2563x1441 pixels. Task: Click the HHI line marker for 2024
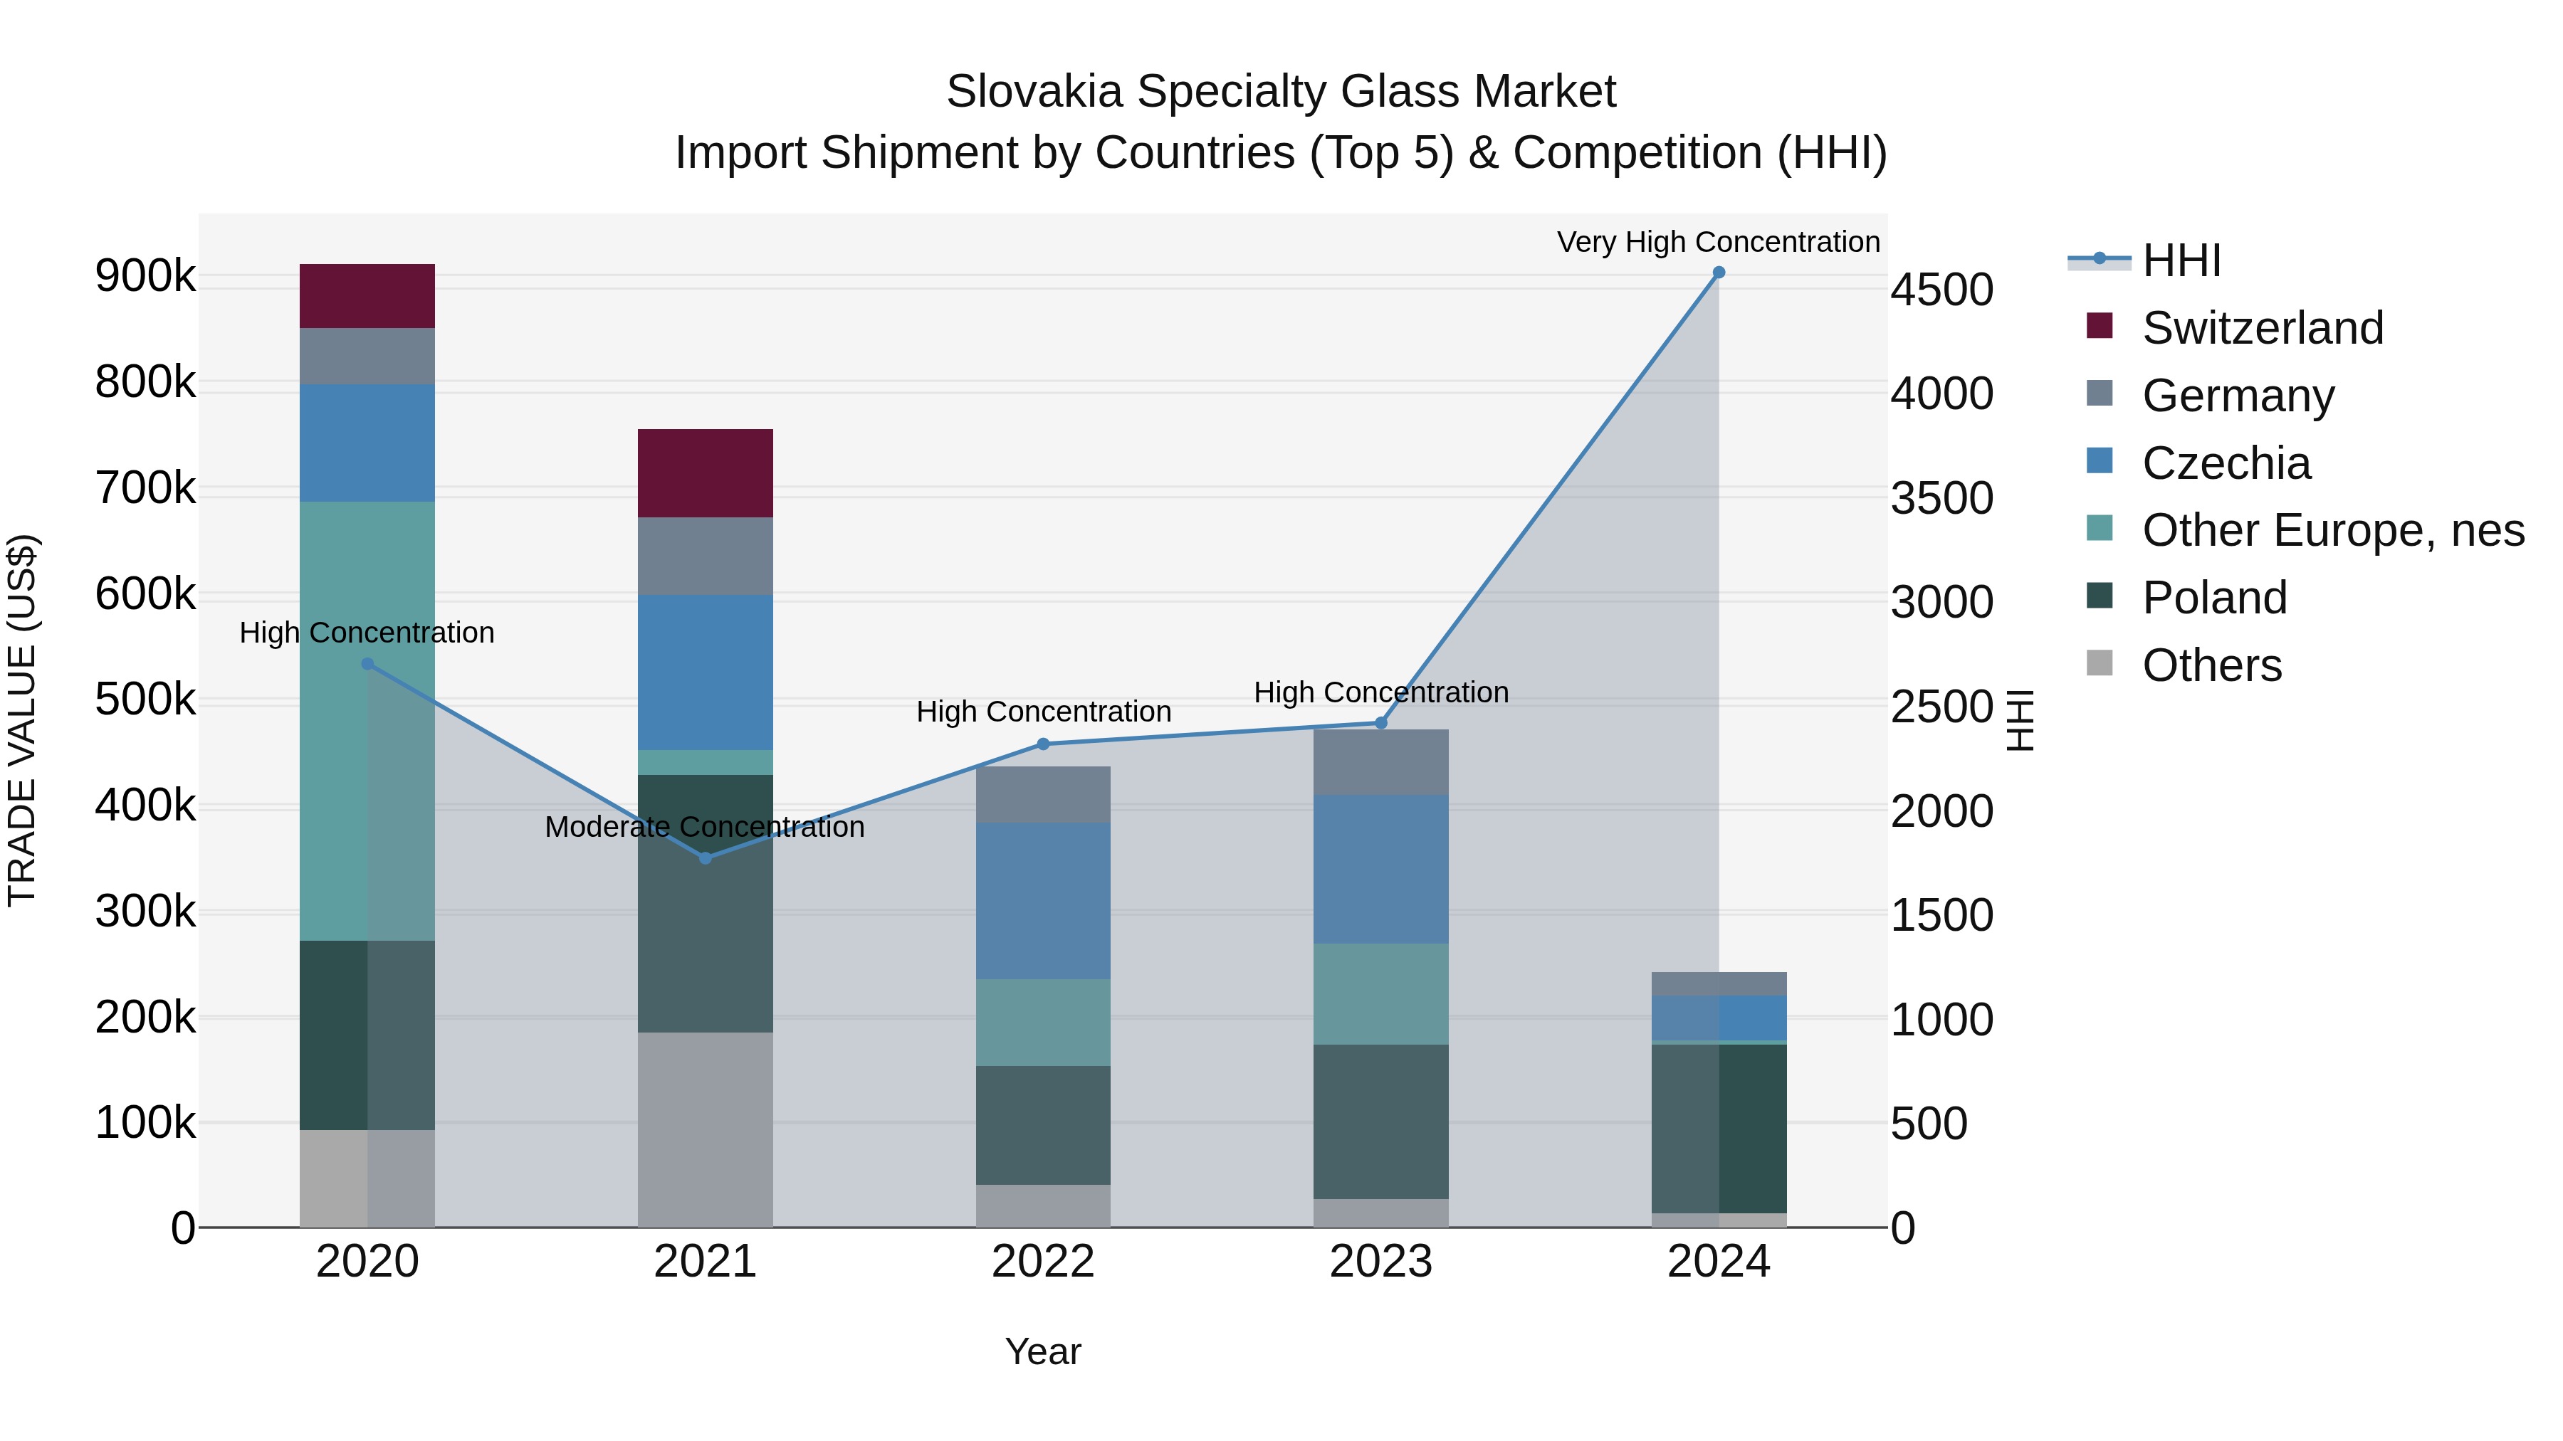point(1719,273)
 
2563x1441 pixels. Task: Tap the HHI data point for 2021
point(706,857)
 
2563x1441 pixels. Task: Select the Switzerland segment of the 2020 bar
point(367,295)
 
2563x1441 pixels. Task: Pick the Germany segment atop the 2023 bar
point(1381,761)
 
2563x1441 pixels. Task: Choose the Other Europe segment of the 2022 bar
point(1043,1023)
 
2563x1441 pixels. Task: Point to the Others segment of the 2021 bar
point(706,1129)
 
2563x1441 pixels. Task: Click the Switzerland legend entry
point(2262,328)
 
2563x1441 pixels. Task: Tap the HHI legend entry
point(2181,260)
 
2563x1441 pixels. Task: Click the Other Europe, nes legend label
point(2332,530)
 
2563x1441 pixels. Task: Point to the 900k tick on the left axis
point(145,277)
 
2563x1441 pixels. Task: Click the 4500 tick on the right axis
point(1941,290)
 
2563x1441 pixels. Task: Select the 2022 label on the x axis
point(1043,1262)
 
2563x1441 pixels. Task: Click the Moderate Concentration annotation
point(704,826)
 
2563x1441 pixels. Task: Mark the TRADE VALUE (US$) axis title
point(22,720)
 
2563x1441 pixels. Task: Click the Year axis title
point(1043,1351)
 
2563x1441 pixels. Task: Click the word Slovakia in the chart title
point(1034,92)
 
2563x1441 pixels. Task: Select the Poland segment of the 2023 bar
point(1381,1121)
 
